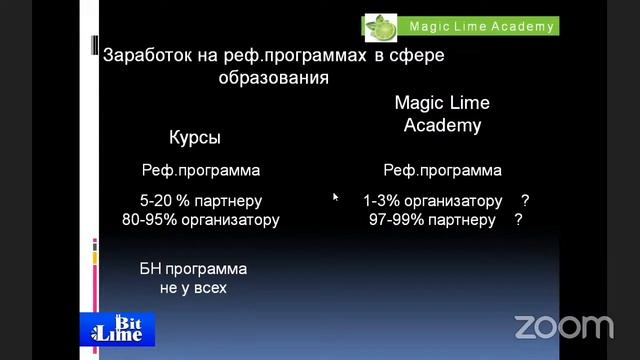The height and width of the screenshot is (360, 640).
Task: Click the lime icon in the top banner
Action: [381, 25]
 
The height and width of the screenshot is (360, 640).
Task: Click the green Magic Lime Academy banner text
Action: [481, 26]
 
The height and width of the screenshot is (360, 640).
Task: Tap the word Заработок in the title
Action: [143, 55]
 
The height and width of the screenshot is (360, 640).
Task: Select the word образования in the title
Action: [273, 77]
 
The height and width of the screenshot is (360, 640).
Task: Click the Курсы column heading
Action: [194, 137]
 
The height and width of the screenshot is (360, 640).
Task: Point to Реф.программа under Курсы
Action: [200, 170]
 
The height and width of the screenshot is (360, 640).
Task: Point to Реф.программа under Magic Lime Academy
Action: [442, 170]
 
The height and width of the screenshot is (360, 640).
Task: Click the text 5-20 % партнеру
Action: [202, 200]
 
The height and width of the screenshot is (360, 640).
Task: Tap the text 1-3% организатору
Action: [432, 200]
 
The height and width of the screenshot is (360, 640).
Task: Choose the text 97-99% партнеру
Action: [431, 219]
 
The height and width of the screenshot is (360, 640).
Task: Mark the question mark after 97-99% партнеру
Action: [518, 219]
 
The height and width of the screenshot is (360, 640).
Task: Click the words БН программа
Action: [193, 269]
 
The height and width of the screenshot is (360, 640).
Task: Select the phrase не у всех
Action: [193, 288]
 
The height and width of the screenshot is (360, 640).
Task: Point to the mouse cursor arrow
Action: [335, 197]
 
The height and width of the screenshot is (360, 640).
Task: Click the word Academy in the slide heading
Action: [442, 126]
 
